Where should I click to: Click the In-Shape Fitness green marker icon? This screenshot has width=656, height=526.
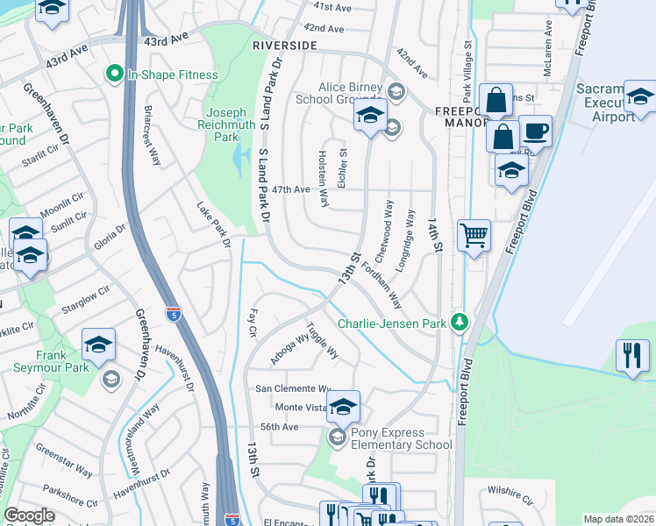tap(113, 75)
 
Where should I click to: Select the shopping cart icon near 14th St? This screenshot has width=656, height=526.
tap(474, 235)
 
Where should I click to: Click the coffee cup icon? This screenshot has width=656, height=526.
tap(535, 131)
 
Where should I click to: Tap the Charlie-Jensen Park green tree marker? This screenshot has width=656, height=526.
tap(458, 323)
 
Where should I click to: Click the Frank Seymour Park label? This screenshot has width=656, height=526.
tap(51, 361)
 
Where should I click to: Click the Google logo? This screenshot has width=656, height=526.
tap(29, 515)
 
